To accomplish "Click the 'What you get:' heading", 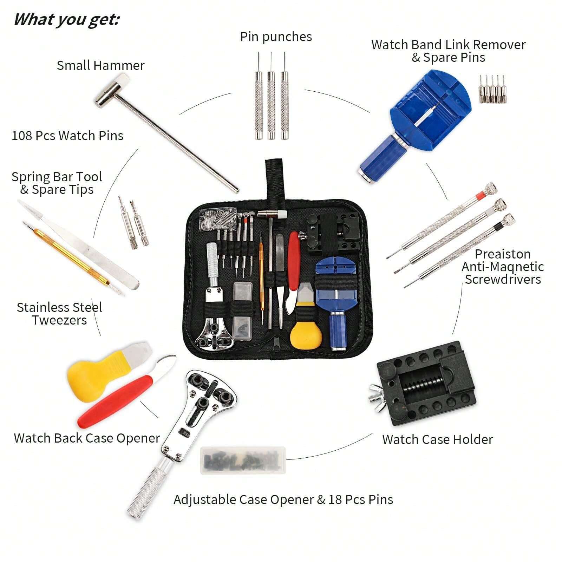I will [66, 19].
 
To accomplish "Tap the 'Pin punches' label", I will [276, 37].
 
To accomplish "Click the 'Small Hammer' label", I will [100, 65].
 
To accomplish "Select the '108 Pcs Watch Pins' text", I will [67, 136].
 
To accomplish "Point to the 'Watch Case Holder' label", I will [437, 439].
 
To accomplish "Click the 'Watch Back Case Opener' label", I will [87, 438].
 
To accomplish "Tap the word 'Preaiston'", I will [502, 254].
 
